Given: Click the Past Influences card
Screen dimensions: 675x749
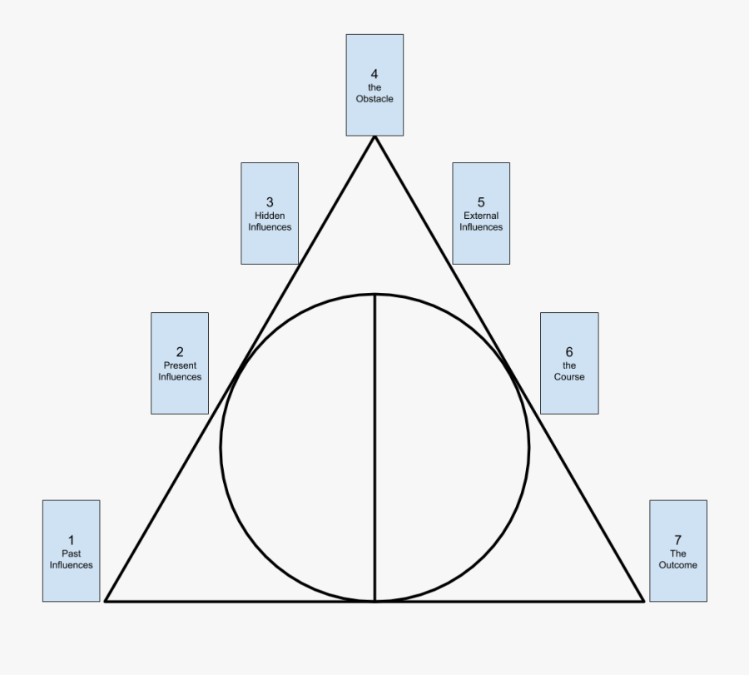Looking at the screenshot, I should click(71, 551).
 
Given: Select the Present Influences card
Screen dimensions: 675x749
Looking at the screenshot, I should click(180, 363).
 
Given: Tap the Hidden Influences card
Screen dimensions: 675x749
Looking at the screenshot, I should click(270, 213).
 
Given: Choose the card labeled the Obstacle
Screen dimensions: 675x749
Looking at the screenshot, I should click(374, 85).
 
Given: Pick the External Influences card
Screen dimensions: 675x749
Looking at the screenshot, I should click(481, 213).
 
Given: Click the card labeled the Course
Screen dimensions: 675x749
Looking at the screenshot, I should click(569, 363).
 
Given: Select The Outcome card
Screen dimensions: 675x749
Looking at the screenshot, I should click(678, 551).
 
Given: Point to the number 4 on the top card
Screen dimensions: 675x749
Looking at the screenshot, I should click(374, 74).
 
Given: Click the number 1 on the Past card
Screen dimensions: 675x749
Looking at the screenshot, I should click(71, 539).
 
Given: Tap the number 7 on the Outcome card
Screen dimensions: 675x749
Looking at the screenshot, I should click(678, 539).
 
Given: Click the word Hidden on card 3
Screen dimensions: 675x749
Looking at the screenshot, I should click(270, 216).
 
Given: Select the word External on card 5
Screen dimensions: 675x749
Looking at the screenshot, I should click(481, 216).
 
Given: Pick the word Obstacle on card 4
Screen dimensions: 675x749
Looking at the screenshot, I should click(374, 99).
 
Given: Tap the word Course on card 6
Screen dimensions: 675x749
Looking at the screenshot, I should click(569, 377).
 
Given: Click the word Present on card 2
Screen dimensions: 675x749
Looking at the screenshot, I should click(180, 365).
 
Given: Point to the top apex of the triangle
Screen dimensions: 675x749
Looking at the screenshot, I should click(374, 137).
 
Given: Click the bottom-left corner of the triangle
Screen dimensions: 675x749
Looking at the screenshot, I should click(106, 600).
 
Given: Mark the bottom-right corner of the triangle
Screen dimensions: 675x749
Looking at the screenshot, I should click(643, 600).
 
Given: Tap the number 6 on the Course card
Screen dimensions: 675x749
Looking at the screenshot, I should click(569, 352).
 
